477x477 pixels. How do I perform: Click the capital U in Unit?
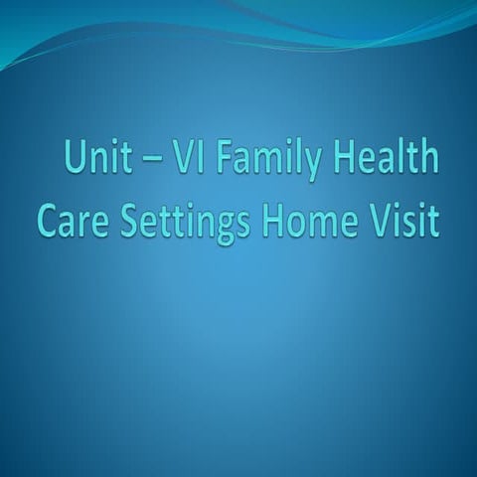click(75, 159)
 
